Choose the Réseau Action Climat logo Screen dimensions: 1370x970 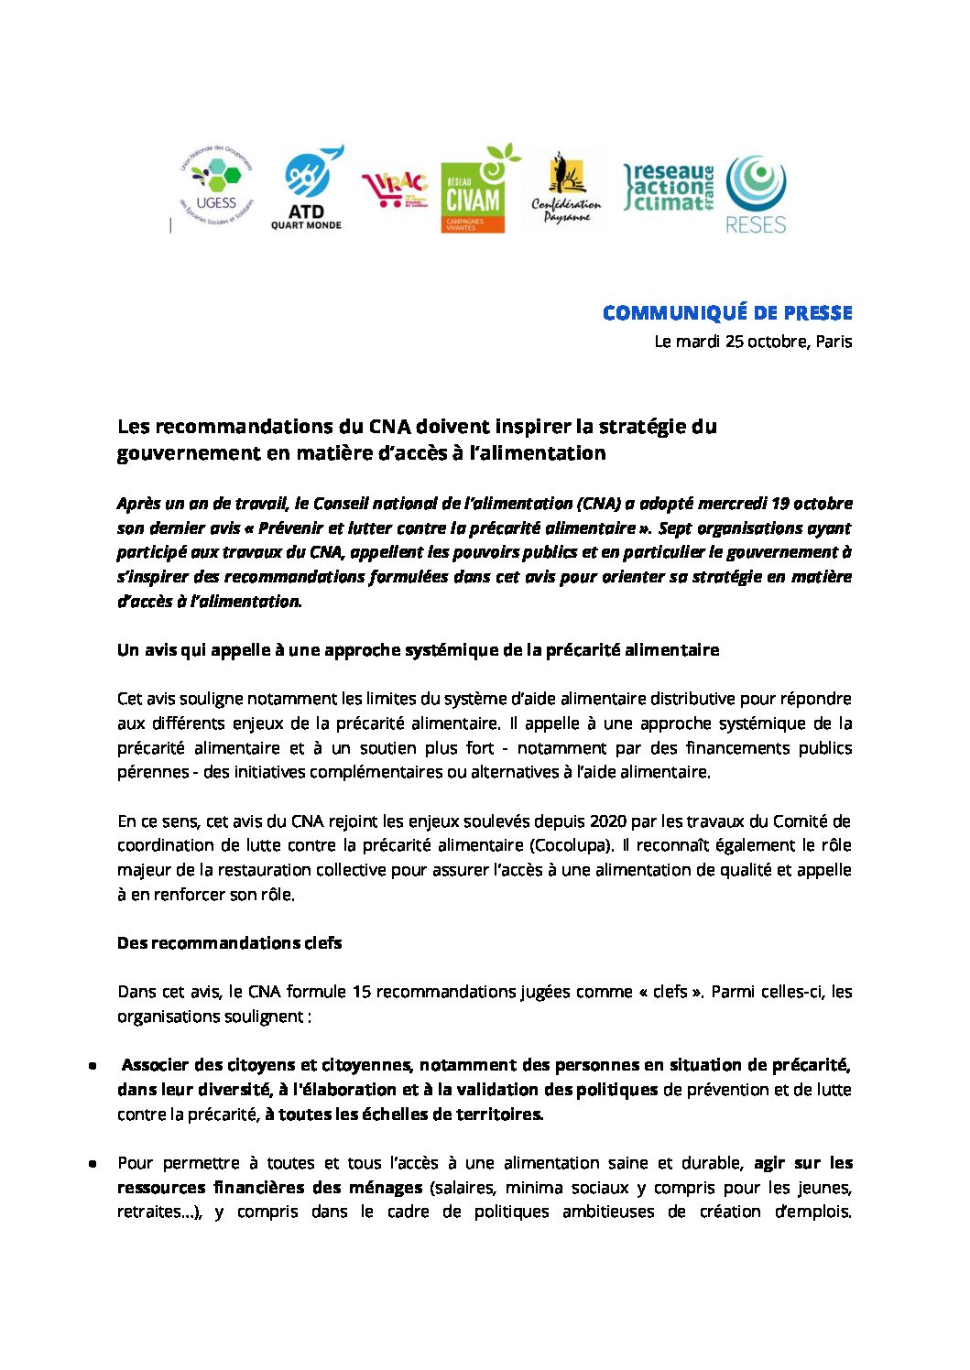pyautogui.click(x=669, y=188)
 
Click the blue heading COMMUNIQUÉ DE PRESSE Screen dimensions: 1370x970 pyautogui.click(x=727, y=313)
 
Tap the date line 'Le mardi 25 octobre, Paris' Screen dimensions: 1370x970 pyautogui.click(x=753, y=342)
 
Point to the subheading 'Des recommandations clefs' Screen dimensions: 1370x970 pyautogui.click(x=229, y=943)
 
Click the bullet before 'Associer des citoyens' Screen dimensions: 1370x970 pyautogui.click(x=93, y=1066)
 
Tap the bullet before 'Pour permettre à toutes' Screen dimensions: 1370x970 pyautogui.click(x=93, y=1164)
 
